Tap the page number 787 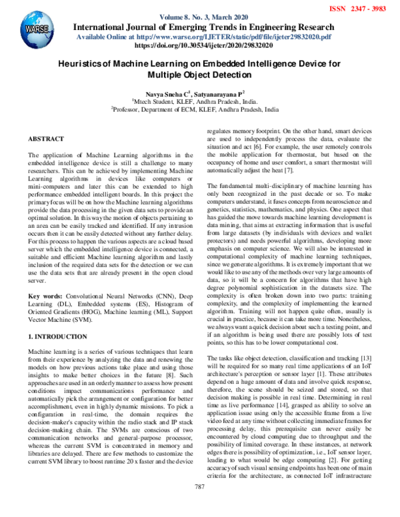pyautogui.click(x=199, y=506)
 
